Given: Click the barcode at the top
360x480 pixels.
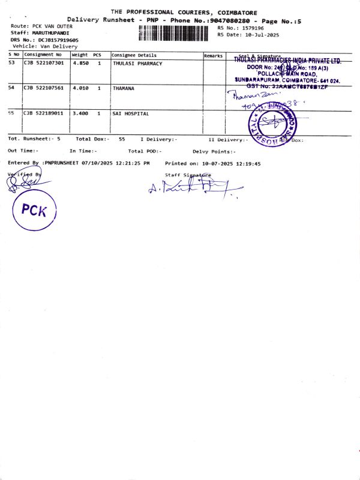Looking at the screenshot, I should click(x=176, y=32).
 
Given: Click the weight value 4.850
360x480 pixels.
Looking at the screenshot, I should click(x=80, y=63).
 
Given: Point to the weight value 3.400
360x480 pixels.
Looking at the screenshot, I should click(x=80, y=113).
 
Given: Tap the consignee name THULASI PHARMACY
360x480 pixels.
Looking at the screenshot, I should click(x=137, y=63).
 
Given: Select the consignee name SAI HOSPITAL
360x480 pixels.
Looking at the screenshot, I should click(x=131, y=113).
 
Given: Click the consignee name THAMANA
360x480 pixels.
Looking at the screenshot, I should click(x=123, y=88).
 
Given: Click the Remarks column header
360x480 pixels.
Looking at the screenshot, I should click(x=213, y=55).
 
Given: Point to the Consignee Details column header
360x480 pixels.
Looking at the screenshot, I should click(x=134, y=55).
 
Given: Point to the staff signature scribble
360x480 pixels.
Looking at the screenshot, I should click(x=192, y=189).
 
